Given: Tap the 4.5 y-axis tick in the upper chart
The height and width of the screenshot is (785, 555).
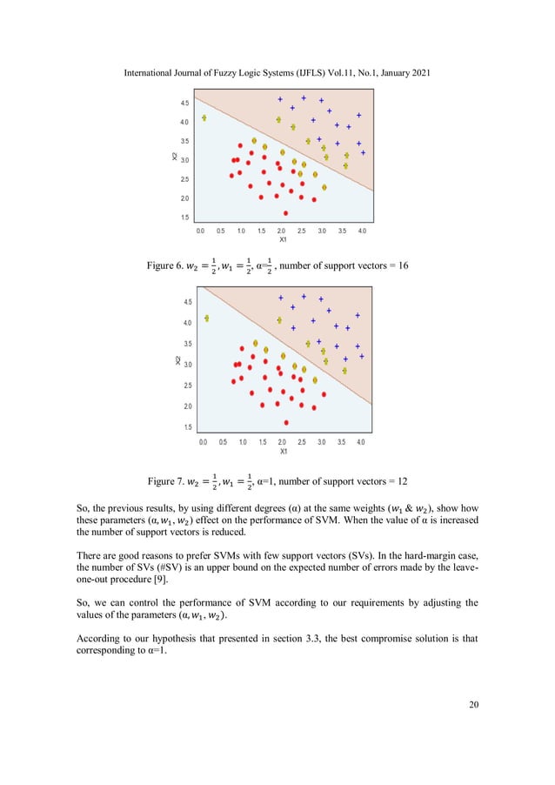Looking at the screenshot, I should pyautogui.click(x=184, y=104).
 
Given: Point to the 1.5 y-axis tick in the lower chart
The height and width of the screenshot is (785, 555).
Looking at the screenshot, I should pyautogui.click(x=187, y=427).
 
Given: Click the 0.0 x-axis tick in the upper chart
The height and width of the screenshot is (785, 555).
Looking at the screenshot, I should pyautogui.click(x=201, y=231).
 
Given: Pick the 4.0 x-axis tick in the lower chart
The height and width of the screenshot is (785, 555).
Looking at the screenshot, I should pyautogui.click(x=361, y=443).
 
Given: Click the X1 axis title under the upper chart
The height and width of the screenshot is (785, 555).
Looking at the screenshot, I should pyautogui.click(x=283, y=240).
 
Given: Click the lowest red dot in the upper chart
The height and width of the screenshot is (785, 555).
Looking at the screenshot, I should pyautogui.click(x=285, y=212).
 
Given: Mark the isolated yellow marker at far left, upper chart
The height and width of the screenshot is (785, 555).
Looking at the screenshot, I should pyautogui.click(x=204, y=118).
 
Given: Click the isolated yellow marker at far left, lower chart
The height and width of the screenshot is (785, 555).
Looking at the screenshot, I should pyautogui.click(x=207, y=319).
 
